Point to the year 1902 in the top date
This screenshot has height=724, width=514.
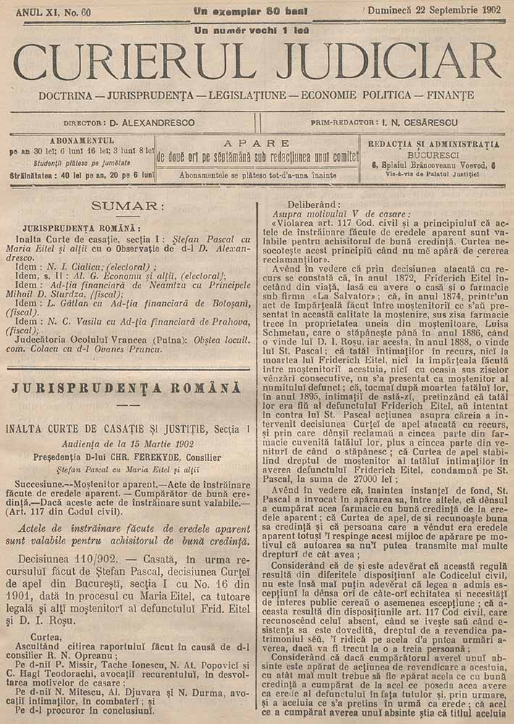492,11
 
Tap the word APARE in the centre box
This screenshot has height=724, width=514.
257,143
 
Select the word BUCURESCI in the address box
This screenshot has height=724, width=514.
433,155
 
